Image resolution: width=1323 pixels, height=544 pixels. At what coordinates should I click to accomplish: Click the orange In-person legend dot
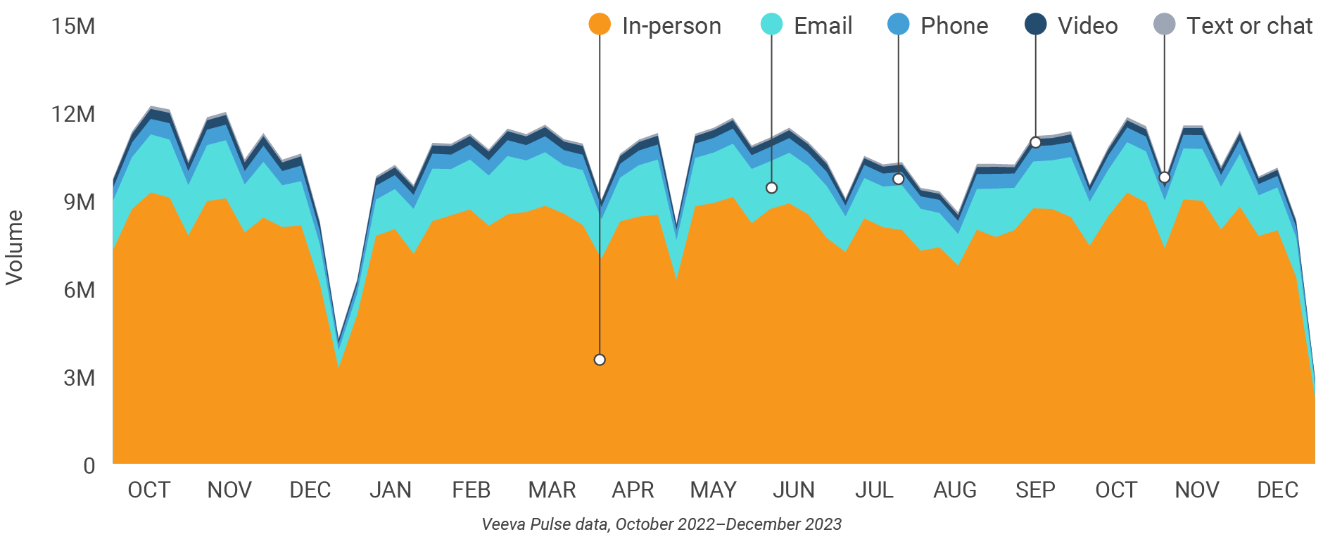600,25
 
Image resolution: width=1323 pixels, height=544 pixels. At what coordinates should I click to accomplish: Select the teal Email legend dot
771,25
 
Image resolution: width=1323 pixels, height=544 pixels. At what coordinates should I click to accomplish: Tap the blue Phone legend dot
899,25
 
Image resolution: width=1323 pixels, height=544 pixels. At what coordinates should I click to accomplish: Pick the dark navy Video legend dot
1035,25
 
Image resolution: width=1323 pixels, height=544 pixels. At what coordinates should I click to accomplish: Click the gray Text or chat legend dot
1164,25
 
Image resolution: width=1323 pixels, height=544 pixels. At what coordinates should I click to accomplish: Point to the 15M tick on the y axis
73,26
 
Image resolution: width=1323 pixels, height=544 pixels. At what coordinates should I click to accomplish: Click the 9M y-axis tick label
79,202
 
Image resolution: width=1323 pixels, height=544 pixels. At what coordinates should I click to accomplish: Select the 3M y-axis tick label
79,378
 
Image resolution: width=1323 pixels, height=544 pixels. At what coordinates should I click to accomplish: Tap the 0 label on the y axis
89,466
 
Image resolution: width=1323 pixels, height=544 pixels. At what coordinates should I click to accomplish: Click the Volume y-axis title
15,247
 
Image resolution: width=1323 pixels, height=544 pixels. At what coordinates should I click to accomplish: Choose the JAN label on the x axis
391,490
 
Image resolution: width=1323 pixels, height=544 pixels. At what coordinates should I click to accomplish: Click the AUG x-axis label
955,490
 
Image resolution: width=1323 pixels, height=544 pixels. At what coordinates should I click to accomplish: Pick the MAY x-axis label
713,490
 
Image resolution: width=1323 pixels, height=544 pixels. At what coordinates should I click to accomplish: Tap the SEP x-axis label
1035,490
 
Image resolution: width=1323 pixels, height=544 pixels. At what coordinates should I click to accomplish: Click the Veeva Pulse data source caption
661,524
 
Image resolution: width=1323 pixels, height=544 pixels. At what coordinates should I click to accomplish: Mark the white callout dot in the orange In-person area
600,360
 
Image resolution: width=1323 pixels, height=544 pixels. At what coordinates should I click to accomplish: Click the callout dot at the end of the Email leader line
771,188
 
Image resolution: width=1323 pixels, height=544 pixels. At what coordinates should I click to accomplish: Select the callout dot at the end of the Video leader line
1035,142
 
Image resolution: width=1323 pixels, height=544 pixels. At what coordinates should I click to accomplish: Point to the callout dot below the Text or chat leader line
1164,177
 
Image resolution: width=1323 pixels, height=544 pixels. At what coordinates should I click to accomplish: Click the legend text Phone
954,26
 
